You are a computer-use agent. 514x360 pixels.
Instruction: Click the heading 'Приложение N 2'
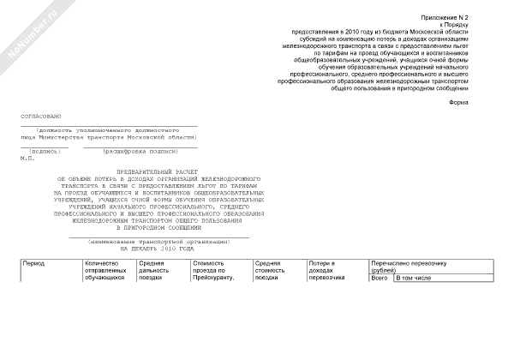click(x=445, y=18)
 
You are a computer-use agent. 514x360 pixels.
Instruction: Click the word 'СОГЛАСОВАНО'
click(x=42, y=115)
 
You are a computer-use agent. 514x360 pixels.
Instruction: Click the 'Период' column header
click(x=35, y=263)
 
